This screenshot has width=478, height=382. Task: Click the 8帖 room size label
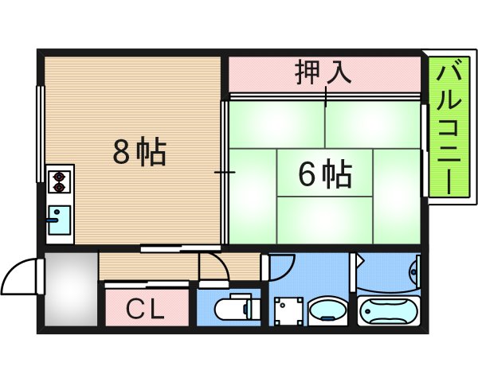tap(139, 151)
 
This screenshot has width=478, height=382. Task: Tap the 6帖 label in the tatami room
tap(325, 173)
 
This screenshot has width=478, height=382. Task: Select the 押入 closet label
tap(323, 74)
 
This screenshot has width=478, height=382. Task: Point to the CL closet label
tap(147, 308)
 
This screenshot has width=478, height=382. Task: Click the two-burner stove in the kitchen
tap(58, 182)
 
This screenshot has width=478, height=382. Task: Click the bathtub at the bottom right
tap(389, 310)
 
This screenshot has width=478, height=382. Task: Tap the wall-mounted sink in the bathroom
tap(413, 271)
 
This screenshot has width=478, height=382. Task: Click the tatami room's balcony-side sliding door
tap(423, 151)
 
